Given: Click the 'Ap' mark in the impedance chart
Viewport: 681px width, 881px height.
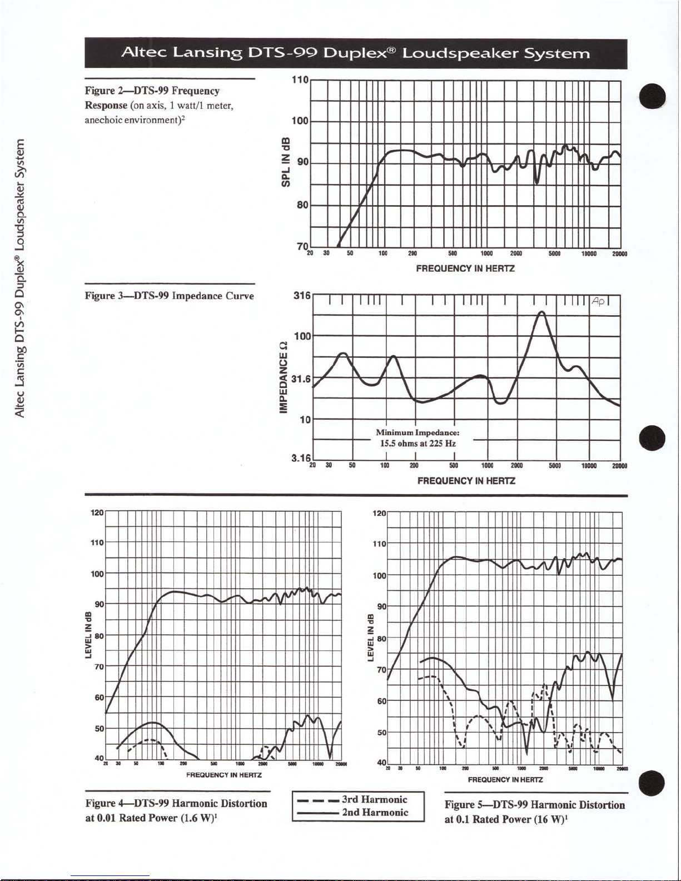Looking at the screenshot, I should click(599, 301).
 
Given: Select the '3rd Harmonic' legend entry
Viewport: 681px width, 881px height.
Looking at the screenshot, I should click(375, 800).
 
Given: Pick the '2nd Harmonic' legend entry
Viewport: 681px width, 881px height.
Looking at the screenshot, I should click(375, 813).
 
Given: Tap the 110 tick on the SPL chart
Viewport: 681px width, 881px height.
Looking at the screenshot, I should click(300, 80).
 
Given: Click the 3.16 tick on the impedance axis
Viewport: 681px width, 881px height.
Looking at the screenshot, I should click(300, 458).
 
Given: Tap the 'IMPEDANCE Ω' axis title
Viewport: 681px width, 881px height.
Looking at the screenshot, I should click(284, 377).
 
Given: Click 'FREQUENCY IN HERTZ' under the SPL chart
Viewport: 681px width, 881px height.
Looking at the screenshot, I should click(465, 268).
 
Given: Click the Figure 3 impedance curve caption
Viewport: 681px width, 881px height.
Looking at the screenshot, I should click(169, 296).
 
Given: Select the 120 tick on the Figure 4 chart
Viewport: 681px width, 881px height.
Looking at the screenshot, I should click(97, 512).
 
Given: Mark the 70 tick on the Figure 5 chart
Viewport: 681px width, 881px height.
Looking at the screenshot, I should click(381, 670).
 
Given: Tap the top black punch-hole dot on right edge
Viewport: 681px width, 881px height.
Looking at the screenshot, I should click(652, 97).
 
